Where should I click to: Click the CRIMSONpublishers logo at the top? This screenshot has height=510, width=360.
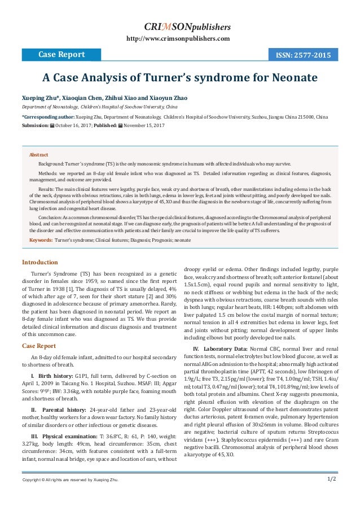coord(180,26)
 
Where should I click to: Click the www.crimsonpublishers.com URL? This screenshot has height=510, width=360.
coord(180,38)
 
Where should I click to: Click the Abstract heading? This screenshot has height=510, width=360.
coord(39,154)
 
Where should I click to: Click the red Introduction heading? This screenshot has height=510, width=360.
coord(39,262)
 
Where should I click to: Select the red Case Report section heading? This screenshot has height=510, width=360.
coord(38,330)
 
